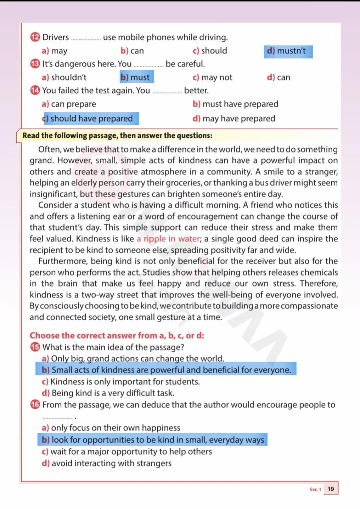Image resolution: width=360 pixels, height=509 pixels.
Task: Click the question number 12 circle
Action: point(35,37)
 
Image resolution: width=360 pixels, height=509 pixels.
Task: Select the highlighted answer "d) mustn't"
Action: point(288,51)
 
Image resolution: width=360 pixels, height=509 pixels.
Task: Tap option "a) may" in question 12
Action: point(55,51)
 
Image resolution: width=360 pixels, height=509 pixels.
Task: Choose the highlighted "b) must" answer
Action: point(136,77)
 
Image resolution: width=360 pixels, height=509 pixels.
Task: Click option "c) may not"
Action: point(212,77)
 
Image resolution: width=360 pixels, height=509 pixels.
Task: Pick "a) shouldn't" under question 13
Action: point(64,77)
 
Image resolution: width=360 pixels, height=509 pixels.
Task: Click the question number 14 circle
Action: point(35,90)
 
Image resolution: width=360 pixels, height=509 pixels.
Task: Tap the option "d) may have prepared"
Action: point(234,118)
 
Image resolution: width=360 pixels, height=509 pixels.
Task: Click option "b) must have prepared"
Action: point(235,104)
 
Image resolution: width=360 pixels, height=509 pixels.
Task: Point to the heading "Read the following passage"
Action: point(117,135)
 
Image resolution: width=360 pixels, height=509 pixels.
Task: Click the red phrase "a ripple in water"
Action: point(168,239)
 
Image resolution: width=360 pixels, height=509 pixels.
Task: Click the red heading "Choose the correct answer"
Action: point(117,335)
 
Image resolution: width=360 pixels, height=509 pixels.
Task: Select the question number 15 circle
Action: point(35,347)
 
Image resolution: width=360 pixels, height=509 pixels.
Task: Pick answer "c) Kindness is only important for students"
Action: point(121,382)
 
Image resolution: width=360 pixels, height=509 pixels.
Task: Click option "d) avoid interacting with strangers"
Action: point(107,463)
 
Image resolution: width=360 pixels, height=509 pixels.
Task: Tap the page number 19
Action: point(331,489)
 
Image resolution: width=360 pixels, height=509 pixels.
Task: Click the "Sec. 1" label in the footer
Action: point(315,489)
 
